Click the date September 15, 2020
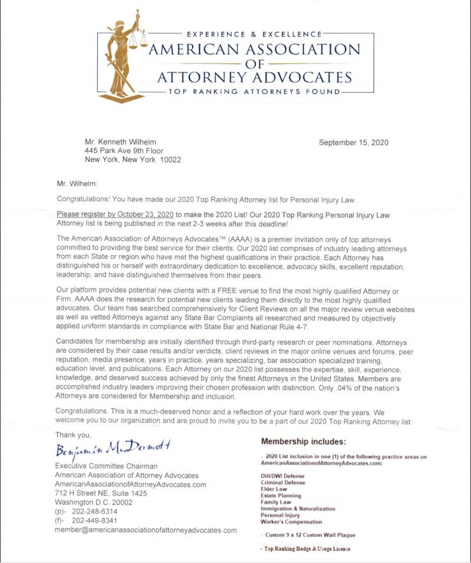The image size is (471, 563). tap(353, 143)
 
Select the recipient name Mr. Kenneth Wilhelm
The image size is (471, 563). tap(120, 142)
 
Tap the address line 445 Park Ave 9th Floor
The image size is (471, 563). tap(124, 151)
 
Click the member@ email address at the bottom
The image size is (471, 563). tap(145, 532)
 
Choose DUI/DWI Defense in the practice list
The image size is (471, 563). tap(282, 477)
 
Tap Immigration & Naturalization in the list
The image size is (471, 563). tap(298, 509)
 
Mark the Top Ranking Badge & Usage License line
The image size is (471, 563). tap(306, 549)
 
